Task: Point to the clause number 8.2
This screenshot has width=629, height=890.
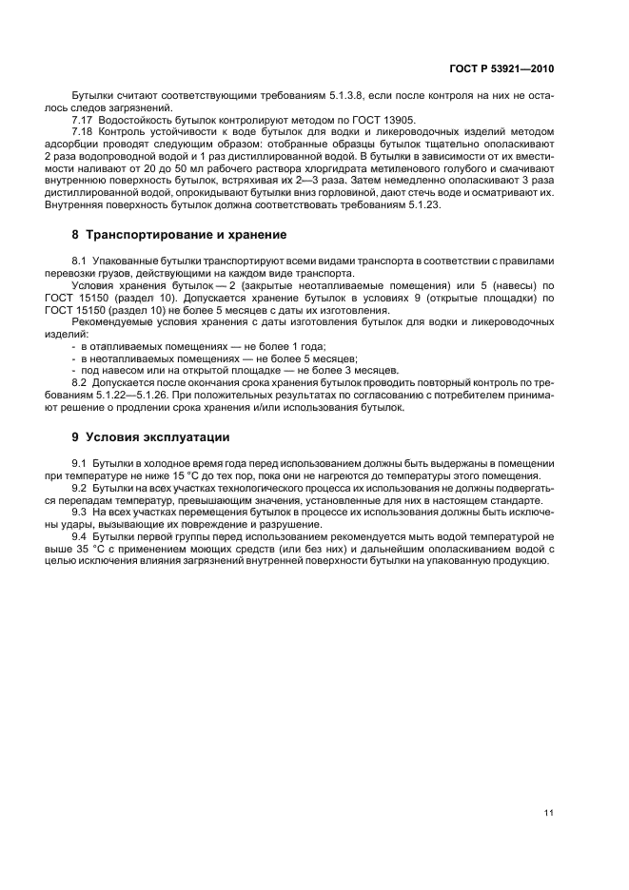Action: [80, 383]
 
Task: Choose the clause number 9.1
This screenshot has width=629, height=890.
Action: [80, 463]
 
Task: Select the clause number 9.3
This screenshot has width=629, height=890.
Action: [80, 513]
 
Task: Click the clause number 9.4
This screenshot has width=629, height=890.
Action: [80, 537]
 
